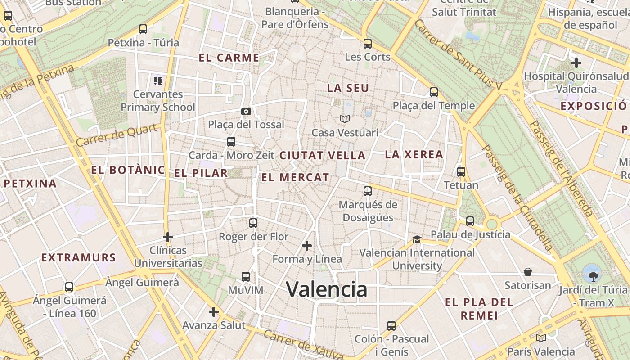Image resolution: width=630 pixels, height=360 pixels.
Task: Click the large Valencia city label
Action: pos(327,289)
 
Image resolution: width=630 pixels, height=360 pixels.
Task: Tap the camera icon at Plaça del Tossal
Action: pos(246,111)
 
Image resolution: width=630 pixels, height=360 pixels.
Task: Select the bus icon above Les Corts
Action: pos(368,44)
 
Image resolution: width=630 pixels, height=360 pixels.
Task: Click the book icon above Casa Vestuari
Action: pos(345,119)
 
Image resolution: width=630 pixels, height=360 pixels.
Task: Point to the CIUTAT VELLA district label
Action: pos(322,156)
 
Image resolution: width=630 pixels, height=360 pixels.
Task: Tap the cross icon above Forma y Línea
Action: pos(307,246)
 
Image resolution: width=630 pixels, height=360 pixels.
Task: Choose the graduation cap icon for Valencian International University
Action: pos(417,239)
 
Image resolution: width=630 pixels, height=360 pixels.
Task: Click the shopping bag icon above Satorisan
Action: pos(528,272)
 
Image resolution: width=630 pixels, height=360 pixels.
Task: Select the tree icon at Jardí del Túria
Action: pos(592,273)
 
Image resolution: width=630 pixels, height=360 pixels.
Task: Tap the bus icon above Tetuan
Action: pos(461,171)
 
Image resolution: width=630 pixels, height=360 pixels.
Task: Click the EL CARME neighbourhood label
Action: pos(229,58)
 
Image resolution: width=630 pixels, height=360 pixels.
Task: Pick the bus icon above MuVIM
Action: pos(246,277)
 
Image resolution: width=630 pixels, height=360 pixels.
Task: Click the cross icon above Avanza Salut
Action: pos(214,311)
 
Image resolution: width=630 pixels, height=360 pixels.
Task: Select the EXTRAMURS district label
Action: pos(79,258)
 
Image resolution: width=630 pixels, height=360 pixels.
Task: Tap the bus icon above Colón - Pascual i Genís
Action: pos(391,325)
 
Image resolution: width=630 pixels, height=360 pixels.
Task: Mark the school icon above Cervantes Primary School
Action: pos(158,81)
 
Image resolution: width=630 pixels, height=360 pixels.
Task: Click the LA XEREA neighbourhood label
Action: pos(414,155)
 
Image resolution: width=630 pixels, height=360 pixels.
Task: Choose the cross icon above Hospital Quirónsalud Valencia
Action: pos(576,63)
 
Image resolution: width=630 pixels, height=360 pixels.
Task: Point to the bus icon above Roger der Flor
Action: pos(253,223)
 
